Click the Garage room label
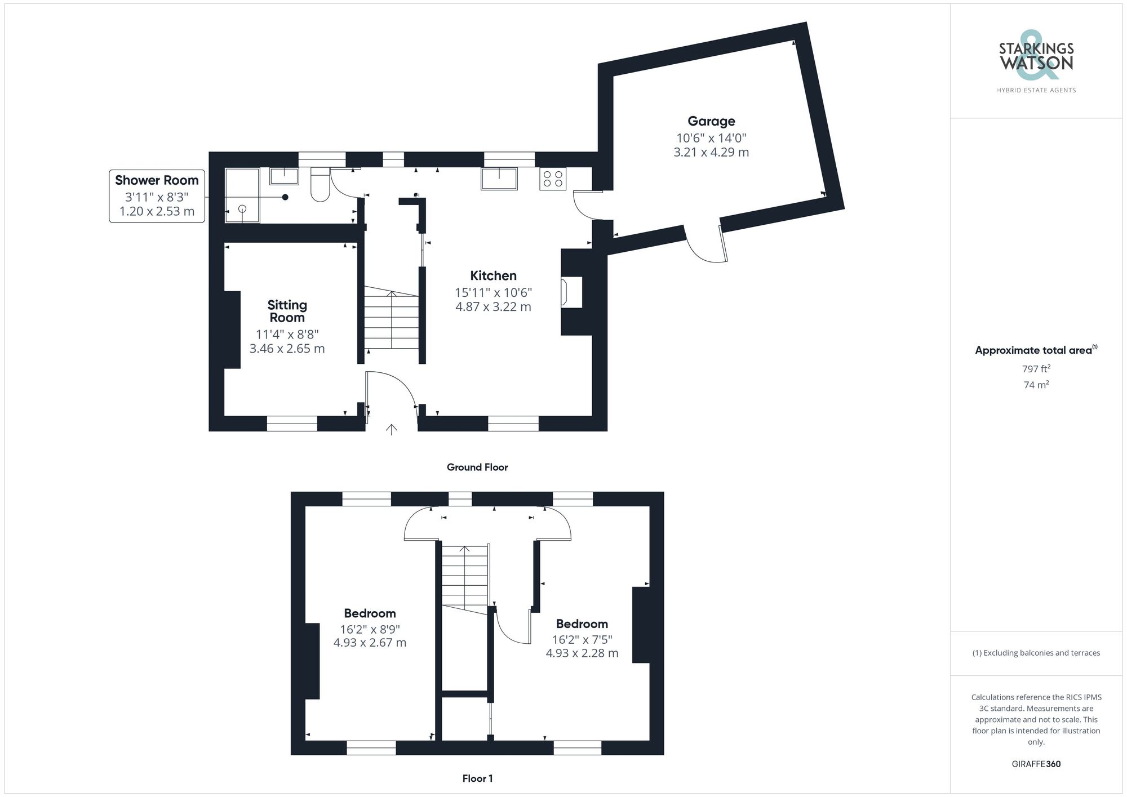(711, 121)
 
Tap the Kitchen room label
(493, 275)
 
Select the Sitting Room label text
(287, 311)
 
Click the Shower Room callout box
(157, 196)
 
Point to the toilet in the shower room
(320, 186)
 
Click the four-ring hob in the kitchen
(552, 179)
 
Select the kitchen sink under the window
(499, 179)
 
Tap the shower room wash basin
(284, 176)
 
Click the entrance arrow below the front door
(391, 429)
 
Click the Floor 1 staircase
(464, 577)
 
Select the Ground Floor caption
(477, 467)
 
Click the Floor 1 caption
(477, 778)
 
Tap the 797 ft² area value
(1036, 369)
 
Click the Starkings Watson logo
(1036, 59)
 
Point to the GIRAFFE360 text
(1036, 764)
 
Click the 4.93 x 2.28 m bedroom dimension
(582, 653)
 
